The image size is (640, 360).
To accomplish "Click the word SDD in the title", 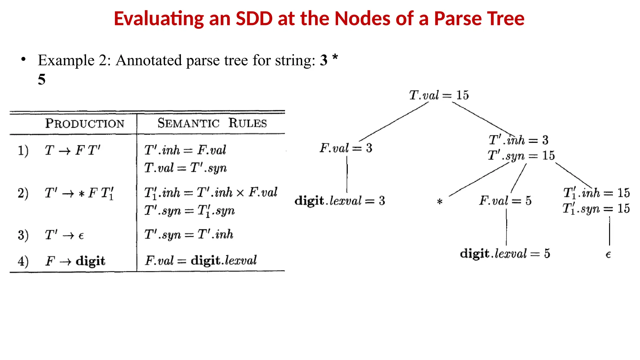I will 254,18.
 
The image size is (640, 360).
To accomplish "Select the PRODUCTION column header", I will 85,123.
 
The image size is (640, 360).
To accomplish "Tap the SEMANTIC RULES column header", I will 212,123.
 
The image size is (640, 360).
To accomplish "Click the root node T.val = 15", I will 439,95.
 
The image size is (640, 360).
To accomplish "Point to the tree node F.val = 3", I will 346,148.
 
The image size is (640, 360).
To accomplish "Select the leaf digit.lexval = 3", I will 340,201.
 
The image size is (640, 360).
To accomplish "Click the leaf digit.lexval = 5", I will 505,254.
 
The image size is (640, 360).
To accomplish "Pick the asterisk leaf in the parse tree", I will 440,202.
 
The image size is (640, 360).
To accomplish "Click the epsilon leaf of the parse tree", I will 608,255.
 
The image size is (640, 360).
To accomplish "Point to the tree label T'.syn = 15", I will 521,156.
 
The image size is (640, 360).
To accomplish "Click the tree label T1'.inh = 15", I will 596,193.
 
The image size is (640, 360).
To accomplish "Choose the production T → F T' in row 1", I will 72,151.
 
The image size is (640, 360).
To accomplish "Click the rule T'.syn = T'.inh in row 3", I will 189,234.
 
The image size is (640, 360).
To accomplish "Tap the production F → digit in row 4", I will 75,261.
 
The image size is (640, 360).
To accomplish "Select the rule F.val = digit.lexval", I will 201,260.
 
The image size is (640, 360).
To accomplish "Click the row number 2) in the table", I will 23,193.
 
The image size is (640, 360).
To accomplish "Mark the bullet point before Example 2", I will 23,59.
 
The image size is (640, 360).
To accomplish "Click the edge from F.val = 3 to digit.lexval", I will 347,174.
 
